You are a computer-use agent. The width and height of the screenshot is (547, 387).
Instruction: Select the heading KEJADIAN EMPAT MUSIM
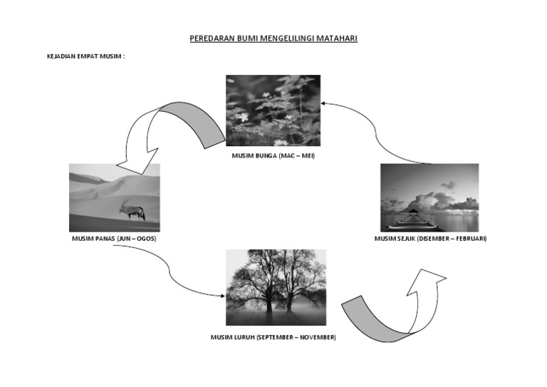[x=85, y=56]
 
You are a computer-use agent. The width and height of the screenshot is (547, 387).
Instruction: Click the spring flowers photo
[x=273, y=110]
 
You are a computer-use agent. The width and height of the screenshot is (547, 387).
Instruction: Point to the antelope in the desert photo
[x=132, y=210]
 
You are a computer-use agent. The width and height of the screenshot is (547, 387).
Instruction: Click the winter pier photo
[x=429, y=197]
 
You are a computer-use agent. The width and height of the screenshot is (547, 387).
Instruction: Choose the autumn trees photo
[x=276, y=287]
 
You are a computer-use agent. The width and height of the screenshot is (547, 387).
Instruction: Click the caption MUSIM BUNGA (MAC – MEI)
[x=273, y=155]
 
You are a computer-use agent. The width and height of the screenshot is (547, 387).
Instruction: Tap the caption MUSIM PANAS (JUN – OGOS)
[x=114, y=238]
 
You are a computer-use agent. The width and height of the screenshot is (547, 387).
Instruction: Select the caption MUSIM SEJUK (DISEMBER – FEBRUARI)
[x=430, y=238]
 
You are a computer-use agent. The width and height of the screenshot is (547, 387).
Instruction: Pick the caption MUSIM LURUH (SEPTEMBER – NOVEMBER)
[x=273, y=337]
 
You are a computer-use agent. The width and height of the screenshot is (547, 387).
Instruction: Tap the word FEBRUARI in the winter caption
[x=469, y=238]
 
